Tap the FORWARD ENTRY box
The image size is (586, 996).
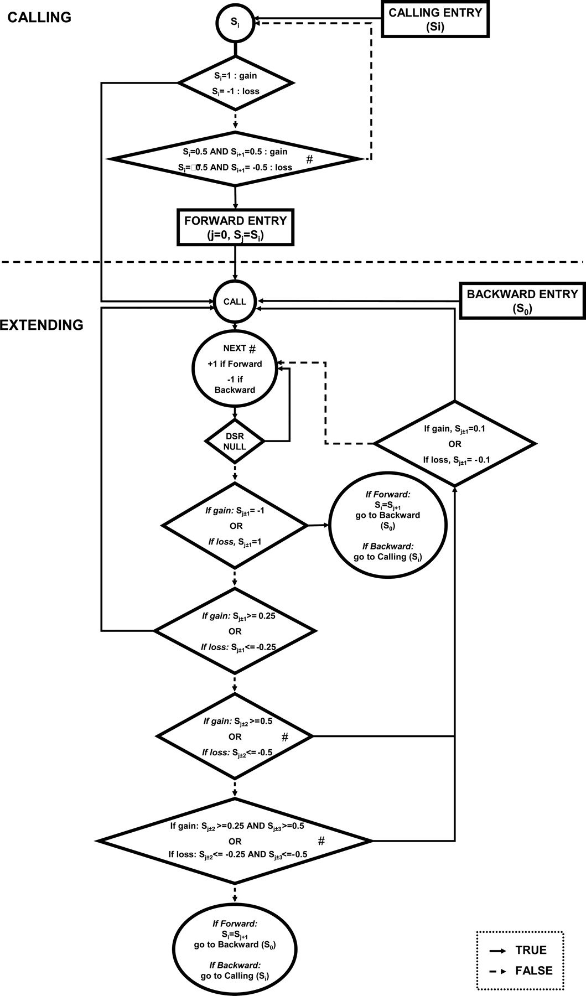pyautogui.click(x=235, y=227)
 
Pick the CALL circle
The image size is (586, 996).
pyautogui.click(x=235, y=302)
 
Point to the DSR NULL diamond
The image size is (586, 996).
pyautogui.click(x=235, y=441)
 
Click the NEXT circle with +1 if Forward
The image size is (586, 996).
pyautogui.click(x=235, y=370)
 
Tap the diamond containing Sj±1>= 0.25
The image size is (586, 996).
pyautogui.click(x=235, y=631)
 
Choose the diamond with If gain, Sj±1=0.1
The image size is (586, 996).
pyautogui.click(x=455, y=444)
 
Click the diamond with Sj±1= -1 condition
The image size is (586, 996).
pyautogui.click(x=235, y=525)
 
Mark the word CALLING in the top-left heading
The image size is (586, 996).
pyautogui.click(x=39, y=17)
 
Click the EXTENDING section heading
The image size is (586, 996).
pyautogui.click(x=42, y=325)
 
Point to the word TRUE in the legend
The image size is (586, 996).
pyautogui.click(x=530, y=950)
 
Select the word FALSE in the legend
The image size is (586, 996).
pyautogui.click(x=533, y=971)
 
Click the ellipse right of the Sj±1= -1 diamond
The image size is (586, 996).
pyautogui.click(x=387, y=525)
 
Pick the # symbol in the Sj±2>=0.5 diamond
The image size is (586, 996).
pyautogui.click(x=285, y=737)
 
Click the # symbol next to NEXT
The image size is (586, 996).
pyautogui.click(x=252, y=349)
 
